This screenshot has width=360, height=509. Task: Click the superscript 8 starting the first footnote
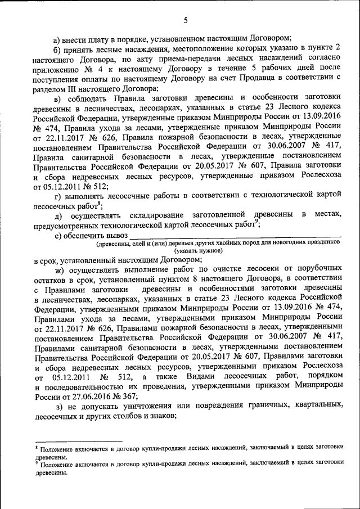(36, 445)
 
